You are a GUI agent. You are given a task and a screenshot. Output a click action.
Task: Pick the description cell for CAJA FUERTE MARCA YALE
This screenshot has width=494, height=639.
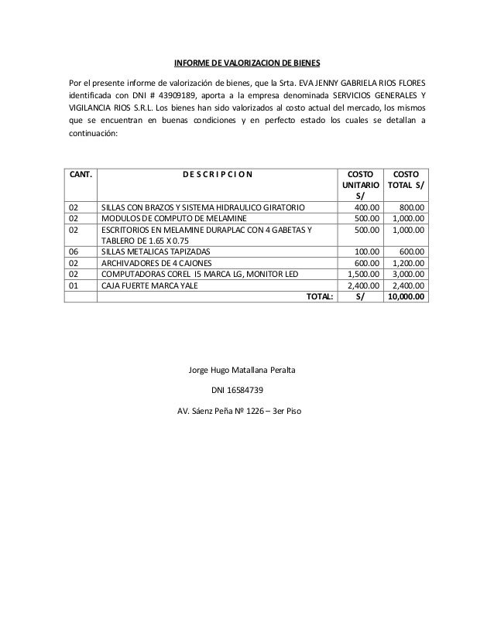click(x=150, y=284)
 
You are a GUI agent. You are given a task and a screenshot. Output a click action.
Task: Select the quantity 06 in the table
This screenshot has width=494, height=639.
click(x=74, y=251)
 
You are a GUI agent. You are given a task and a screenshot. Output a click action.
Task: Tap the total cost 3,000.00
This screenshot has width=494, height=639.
click(x=408, y=273)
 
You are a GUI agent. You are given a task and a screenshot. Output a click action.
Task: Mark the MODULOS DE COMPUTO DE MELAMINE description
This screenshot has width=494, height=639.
click(x=168, y=218)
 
